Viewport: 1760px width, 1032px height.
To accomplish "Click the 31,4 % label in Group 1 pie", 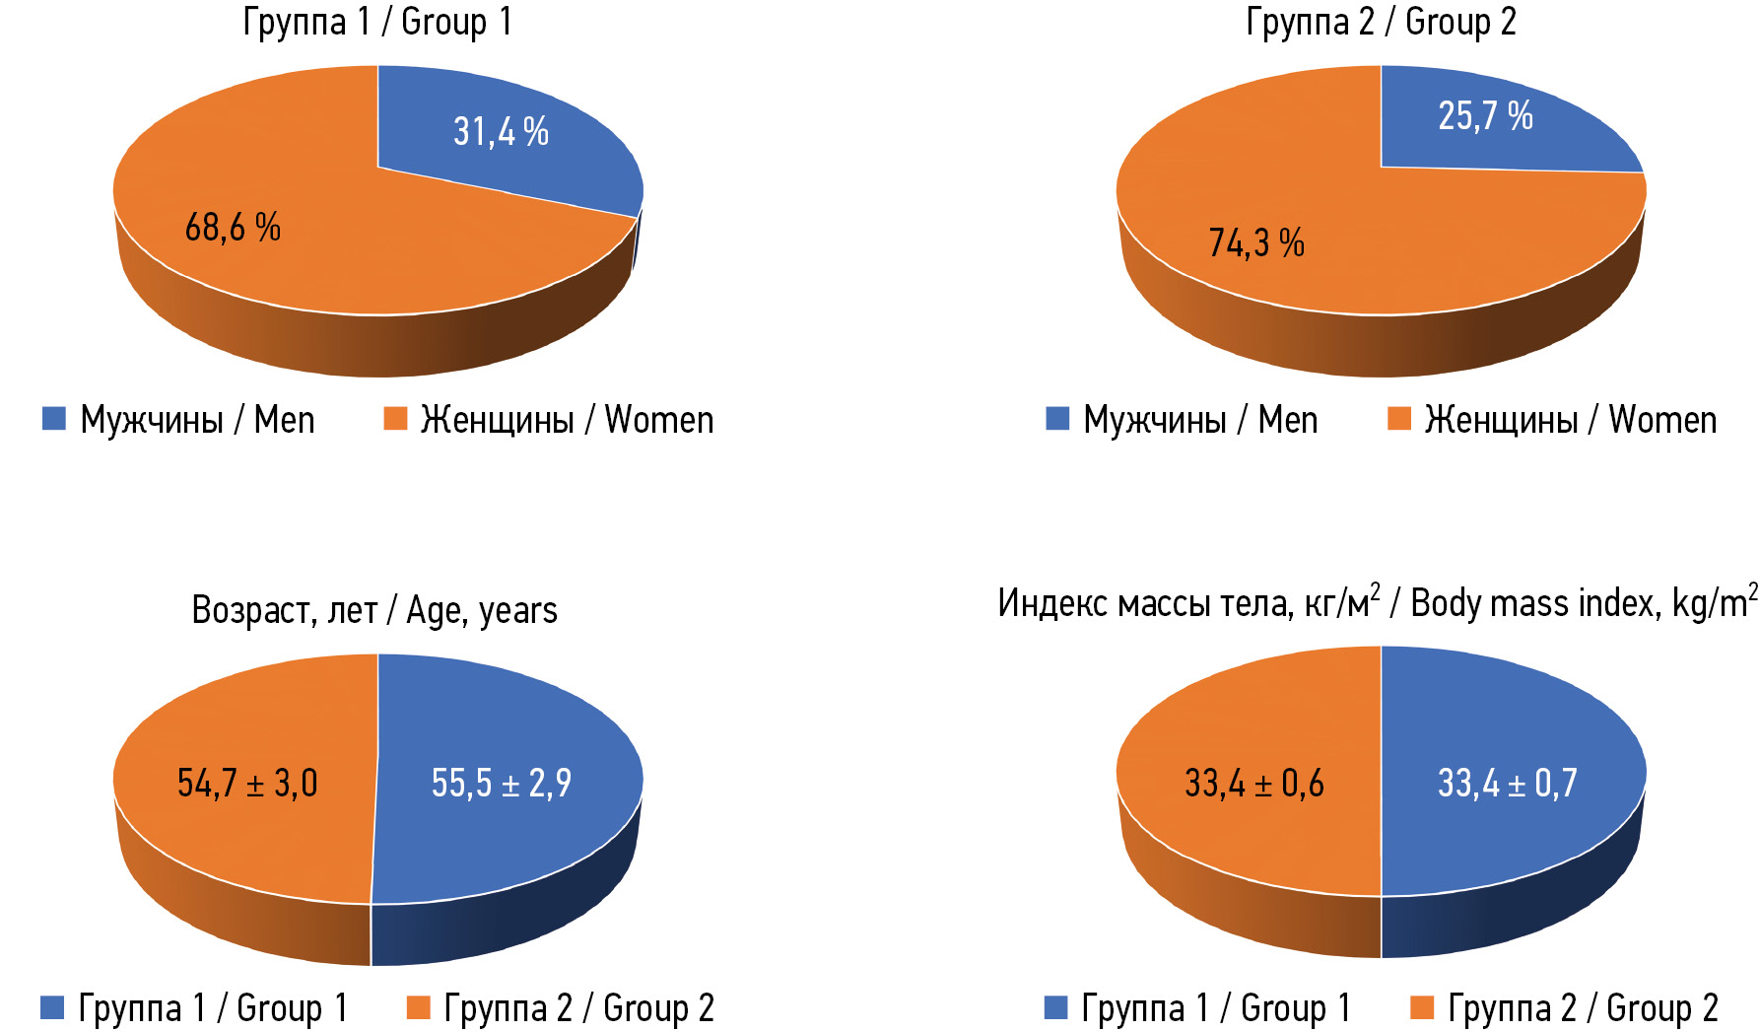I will click(501, 131).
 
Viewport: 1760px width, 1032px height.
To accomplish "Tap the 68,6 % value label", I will click(233, 228).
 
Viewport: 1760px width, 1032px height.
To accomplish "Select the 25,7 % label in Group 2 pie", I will click(1485, 116).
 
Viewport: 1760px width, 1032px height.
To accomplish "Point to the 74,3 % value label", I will click(1256, 242).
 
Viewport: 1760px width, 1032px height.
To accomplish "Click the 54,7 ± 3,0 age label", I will click(247, 784).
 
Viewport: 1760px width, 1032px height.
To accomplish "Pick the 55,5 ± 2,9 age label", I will click(501, 784).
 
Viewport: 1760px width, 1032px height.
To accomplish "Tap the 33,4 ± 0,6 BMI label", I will click(1253, 784).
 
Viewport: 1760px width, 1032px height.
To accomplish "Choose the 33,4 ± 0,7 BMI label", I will click(1507, 784).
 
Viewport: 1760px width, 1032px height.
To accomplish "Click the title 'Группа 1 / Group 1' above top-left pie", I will click(377, 22).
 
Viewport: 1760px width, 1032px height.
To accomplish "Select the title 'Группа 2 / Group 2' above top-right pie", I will click(1381, 22).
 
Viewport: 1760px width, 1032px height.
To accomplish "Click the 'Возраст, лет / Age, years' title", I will click(374, 610).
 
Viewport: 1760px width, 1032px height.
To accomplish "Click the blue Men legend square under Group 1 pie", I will click(54, 419).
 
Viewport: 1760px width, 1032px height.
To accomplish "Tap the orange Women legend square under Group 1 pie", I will click(395, 419).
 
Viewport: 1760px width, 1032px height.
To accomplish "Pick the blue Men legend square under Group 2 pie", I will click(1057, 419).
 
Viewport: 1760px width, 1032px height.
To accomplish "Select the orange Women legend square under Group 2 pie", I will click(1398, 419).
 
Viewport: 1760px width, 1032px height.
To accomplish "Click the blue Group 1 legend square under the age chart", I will click(52, 1007).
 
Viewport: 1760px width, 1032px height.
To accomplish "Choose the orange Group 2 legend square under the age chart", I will click(419, 1007).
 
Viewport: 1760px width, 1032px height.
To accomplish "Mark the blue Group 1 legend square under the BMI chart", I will click(1055, 1007).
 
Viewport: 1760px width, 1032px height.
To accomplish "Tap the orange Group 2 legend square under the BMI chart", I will click(1422, 1007).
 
